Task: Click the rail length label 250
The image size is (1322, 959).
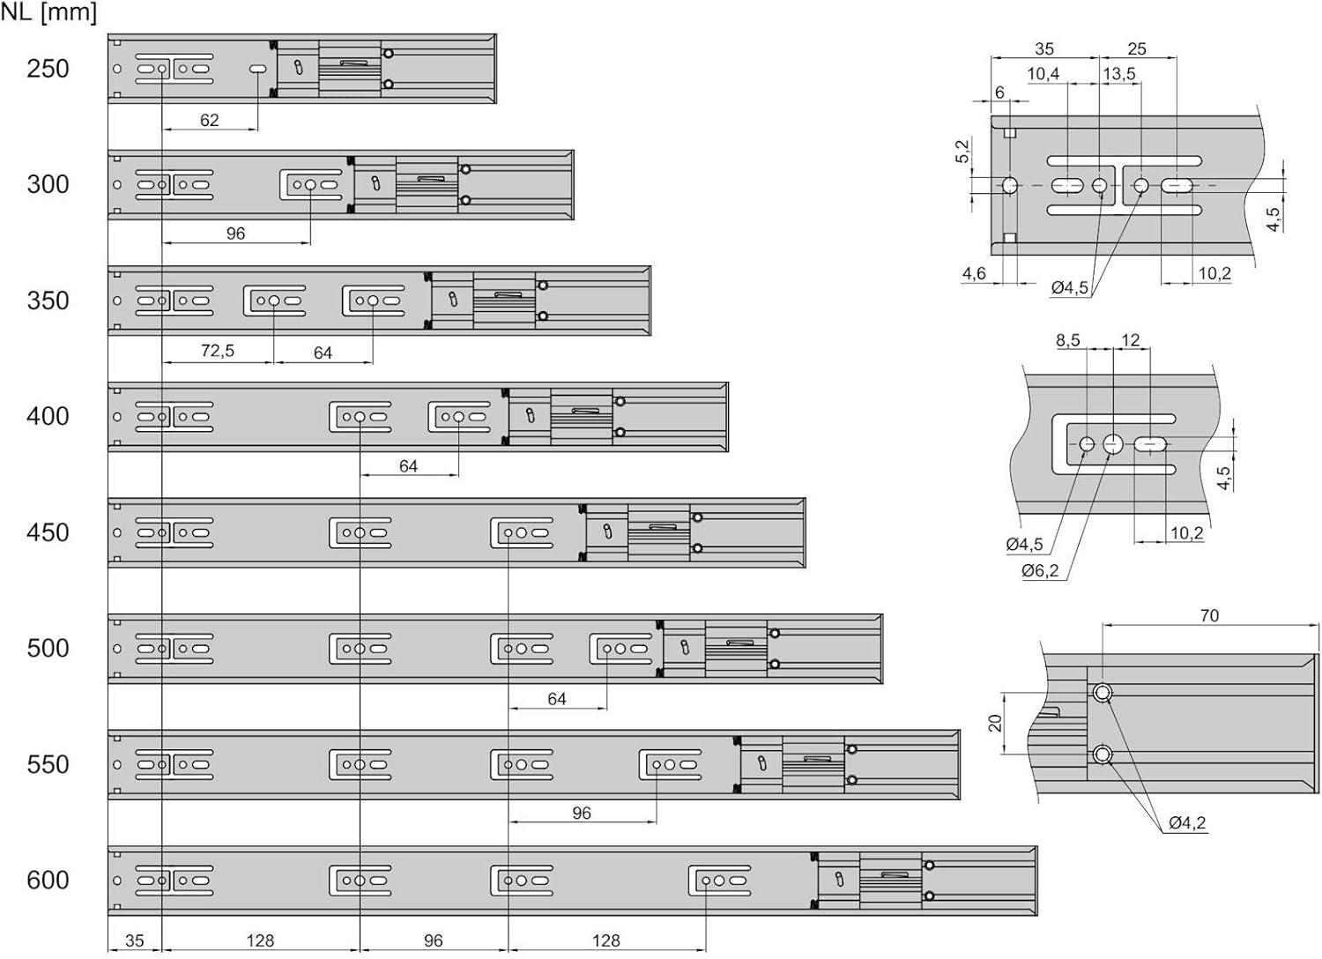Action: (x=48, y=69)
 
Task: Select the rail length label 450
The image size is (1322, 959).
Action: (x=48, y=533)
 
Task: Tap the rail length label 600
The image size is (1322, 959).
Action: (x=48, y=881)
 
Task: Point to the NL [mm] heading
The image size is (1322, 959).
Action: (x=48, y=12)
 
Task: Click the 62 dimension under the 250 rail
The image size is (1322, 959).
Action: (x=210, y=121)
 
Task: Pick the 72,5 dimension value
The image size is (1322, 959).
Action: (x=217, y=351)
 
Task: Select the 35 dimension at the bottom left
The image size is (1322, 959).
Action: (x=135, y=940)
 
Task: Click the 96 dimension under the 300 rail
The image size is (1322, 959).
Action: (x=235, y=234)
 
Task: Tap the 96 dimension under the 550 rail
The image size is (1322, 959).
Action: (x=582, y=814)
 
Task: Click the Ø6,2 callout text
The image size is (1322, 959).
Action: (x=1040, y=570)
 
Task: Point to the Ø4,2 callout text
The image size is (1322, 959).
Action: (x=1187, y=822)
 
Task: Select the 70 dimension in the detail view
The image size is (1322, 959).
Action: (x=1209, y=615)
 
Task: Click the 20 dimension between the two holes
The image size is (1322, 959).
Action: (x=996, y=723)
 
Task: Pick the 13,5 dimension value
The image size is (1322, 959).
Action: (x=1119, y=74)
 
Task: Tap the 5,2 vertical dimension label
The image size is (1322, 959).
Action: (x=962, y=151)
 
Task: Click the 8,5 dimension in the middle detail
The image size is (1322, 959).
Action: (x=1067, y=340)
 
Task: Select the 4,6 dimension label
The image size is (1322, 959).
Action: (x=974, y=273)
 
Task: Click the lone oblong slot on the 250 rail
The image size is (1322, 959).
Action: (x=258, y=69)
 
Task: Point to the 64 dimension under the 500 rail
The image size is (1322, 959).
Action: (x=556, y=699)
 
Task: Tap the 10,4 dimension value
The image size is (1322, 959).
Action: (x=1043, y=74)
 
